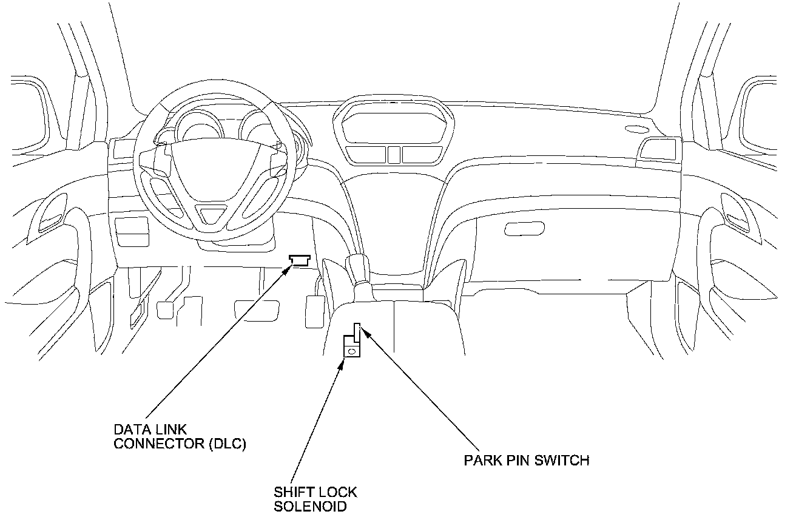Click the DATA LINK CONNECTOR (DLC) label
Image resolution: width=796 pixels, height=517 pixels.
pyautogui.click(x=180, y=437)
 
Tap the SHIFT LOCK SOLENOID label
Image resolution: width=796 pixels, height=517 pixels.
pyautogui.click(x=315, y=498)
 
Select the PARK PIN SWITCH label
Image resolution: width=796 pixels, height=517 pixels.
pyautogui.click(x=526, y=460)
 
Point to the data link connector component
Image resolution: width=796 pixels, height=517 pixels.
pyautogui.click(x=300, y=260)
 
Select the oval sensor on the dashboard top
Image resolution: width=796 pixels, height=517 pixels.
pyautogui.click(x=635, y=129)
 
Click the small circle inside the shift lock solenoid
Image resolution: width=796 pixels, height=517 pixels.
pyautogui.click(x=351, y=351)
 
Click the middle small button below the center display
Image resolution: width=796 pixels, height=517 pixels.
pyautogui.click(x=393, y=154)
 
